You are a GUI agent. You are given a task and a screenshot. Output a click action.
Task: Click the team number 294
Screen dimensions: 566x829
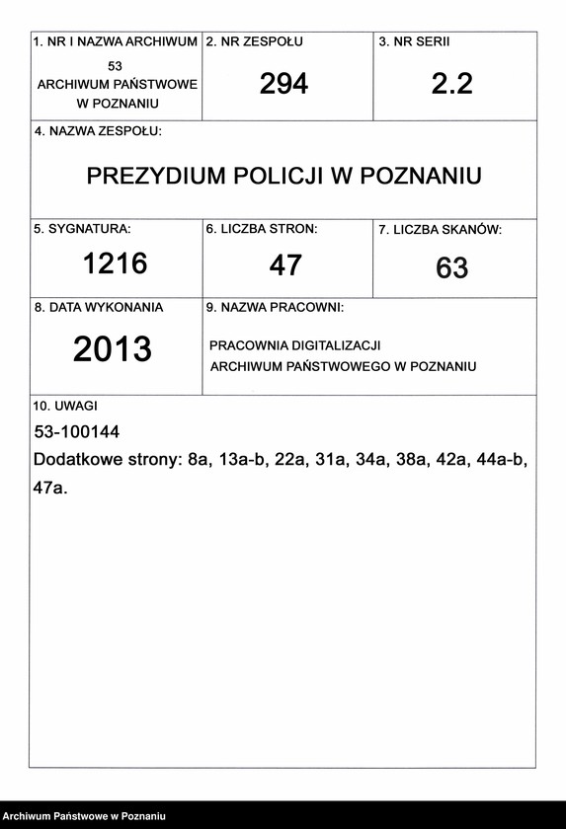(x=284, y=84)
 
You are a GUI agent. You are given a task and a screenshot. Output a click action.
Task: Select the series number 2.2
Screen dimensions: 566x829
(x=452, y=84)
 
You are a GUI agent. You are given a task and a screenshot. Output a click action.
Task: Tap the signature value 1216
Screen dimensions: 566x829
(x=115, y=264)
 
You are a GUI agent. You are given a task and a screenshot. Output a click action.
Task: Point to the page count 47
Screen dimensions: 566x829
(x=285, y=264)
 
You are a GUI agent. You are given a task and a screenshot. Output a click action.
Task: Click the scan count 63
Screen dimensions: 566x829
(x=452, y=267)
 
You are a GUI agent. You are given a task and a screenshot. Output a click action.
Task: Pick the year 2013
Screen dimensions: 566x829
(x=113, y=348)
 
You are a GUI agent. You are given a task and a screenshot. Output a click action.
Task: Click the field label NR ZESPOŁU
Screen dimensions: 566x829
(x=254, y=42)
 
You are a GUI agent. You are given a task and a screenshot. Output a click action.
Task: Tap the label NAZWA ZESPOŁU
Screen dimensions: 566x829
(x=98, y=131)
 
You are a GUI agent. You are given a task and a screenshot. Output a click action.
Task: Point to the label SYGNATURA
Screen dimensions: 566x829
(x=82, y=229)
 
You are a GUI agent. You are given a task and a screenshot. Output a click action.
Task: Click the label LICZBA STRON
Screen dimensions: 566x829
(x=262, y=229)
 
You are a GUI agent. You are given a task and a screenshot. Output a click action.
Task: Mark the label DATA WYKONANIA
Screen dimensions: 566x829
(x=99, y=307)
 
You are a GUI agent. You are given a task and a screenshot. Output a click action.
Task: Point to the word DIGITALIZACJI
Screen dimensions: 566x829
(x=337, y=345)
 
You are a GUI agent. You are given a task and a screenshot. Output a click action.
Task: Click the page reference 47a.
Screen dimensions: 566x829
(x=49, y=488)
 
